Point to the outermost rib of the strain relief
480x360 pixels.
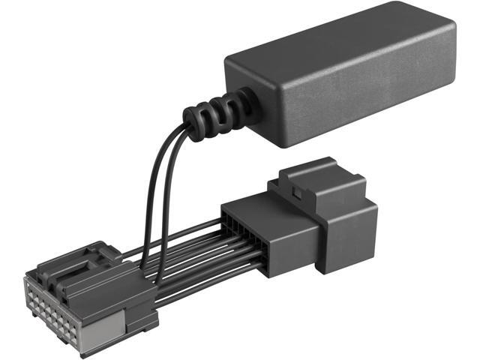pos(193,124)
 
